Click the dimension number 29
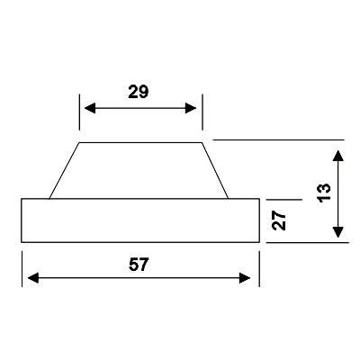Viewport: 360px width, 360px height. click(x=139, y=92)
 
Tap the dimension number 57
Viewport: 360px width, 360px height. click(x=139, y=265)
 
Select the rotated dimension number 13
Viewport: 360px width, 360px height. click(x=324, y=193)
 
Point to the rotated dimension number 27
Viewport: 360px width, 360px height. click(x=279, y=220)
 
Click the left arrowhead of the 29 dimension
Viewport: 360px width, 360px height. click(x=90, y=108)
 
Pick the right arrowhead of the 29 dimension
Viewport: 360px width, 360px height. click(x=191, y=108)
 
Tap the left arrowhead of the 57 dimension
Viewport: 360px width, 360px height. click(x=33, y=278)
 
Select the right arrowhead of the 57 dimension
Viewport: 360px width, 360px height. click(x=245, y=278)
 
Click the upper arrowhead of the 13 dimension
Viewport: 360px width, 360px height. click(x=338, y=156)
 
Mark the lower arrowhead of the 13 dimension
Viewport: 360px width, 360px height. click(x=338, y=232)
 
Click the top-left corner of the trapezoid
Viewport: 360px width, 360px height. click(x=79, y=143)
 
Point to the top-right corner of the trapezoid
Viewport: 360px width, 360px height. click(x=202, y=143)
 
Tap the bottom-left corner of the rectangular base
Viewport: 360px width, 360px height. click(x=22, y=242)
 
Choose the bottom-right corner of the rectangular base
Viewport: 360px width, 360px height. click(x=259, y=242)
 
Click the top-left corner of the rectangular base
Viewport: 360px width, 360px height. click(x=22, y=199)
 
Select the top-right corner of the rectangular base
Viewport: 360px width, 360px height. click(x=259, y=199)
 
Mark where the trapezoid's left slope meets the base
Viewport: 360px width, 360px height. click(x=49, y=199)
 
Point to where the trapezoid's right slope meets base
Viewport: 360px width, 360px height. click(x=229, y=199)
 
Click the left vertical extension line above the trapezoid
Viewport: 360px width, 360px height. click(x=79, y=112)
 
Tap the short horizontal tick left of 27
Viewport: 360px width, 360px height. click(x=283, y=199)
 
